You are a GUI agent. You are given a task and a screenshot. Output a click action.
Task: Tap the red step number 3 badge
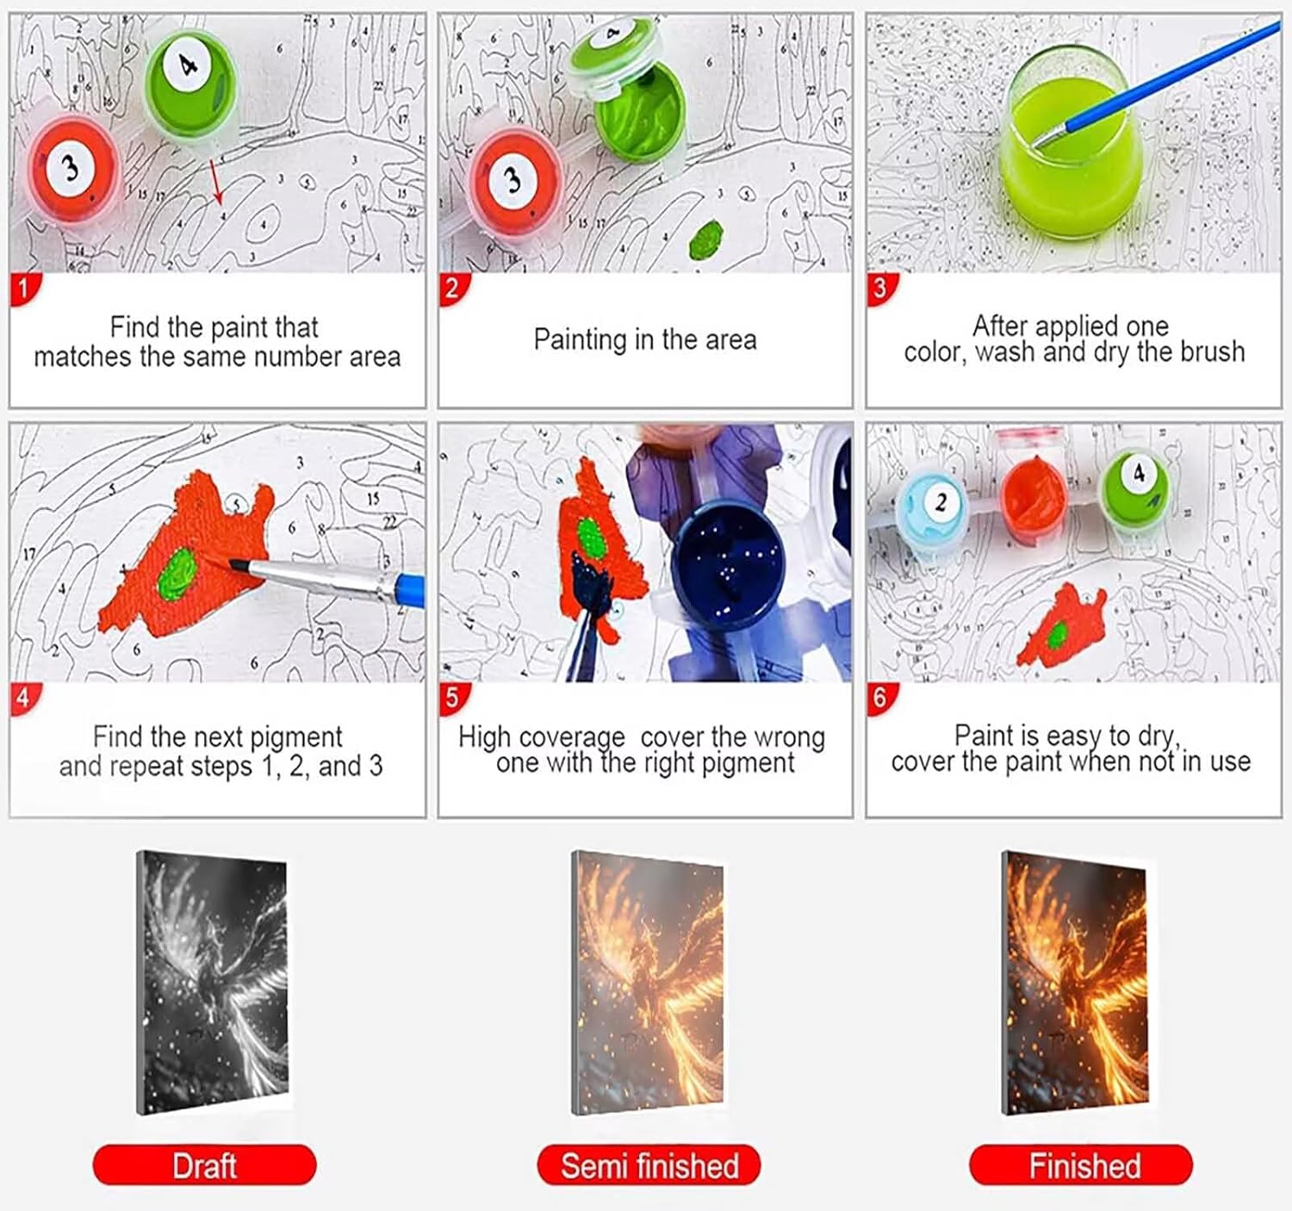(881, 289)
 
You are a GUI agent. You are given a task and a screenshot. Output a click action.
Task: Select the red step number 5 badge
(453, 699)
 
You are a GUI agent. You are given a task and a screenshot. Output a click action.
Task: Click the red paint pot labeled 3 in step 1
(73, 169)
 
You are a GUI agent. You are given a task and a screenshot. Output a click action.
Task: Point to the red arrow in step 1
(216, 182)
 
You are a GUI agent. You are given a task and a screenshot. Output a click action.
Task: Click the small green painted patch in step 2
(705, 239)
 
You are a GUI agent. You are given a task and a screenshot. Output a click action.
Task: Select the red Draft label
(204, 1164)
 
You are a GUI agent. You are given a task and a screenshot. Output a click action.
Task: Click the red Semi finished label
(649, 1164)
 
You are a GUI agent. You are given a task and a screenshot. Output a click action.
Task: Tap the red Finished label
(1081, 1164)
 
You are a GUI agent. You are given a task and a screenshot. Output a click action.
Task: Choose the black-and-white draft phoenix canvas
(213, 983)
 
